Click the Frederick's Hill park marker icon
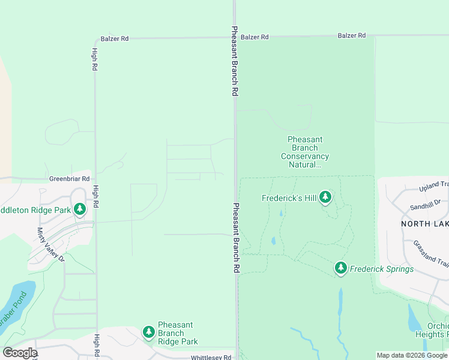[325, 197]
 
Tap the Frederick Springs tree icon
[341, 268]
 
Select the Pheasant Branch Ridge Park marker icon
[149, 332]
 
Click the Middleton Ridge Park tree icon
[79, 209]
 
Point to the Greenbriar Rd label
[69, 179]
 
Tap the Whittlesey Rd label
[211, 357]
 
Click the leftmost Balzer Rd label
[115, 38]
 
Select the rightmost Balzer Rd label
[352, 35]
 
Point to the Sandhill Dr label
[425, 206]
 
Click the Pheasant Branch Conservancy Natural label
[305, 152]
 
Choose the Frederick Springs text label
[382, 269]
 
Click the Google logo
[19, 352]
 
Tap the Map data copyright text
[412, 355]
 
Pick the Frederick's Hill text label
[289, 198]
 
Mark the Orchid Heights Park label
[438, 329]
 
